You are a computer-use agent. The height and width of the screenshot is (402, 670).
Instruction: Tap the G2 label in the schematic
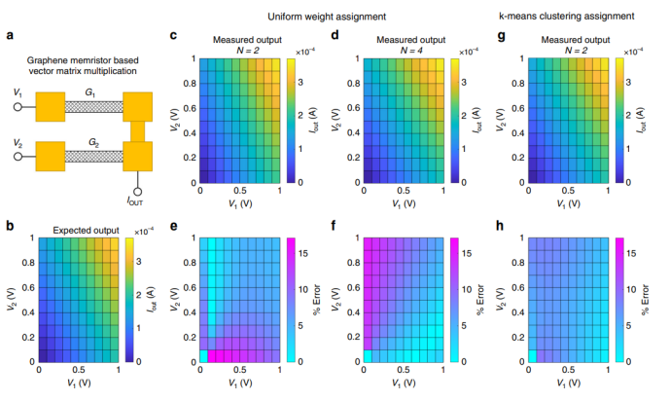pos(94,139)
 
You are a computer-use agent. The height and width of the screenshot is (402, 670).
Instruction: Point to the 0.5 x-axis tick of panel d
pos(401,191)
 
